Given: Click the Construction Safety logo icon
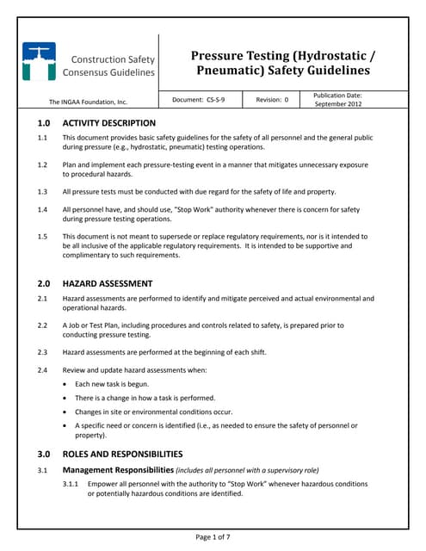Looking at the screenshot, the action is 39,62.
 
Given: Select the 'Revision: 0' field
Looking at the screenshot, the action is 271,100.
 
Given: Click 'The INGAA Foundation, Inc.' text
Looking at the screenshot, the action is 88,102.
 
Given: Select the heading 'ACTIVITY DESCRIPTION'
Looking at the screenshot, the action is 109,123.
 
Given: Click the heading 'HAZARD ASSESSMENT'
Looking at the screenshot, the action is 108,283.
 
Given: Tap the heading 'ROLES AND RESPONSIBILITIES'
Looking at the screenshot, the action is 122,454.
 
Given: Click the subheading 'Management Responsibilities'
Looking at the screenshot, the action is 118,470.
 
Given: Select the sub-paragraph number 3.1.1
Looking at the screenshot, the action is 71,485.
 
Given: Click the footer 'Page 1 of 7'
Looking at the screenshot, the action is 213,537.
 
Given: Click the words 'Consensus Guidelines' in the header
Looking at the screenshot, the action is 113,73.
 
